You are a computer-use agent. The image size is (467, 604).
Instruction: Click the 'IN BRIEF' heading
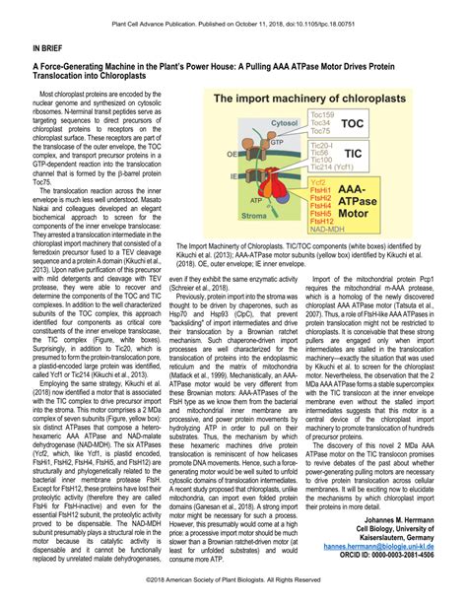(x=51, y=45)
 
